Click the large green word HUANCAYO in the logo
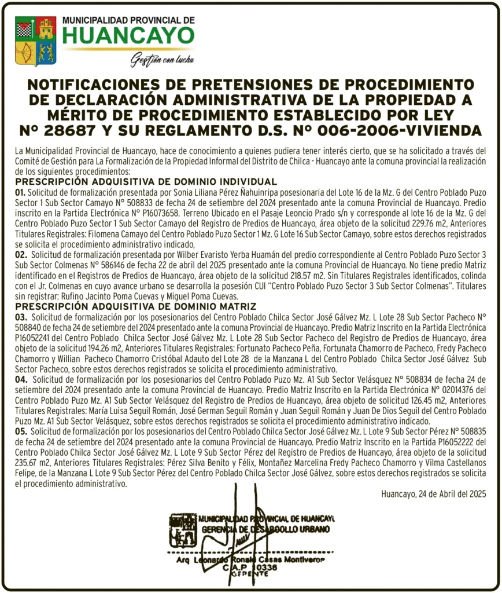pyautogui.click(x=128, y=35)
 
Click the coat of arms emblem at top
pyautogui.click(x=35, y=41)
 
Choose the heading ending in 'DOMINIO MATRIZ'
pyautogui.click(x=136, y=306)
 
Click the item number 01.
pyautogui.click(x=20, y=192)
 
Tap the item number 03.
pyautogui.click(x=21, y=317)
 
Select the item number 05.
pyautogui.click(x=21, y=432)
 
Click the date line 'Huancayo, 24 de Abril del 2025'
pyautogui.click(x=433, y=494)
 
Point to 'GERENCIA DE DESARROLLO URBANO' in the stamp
pyautogui.click(x=264, y=529)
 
